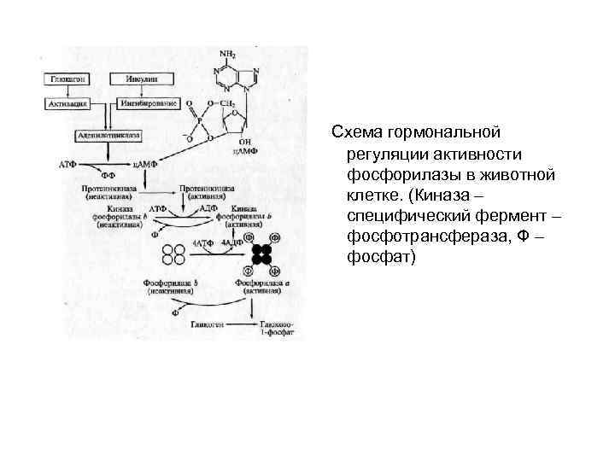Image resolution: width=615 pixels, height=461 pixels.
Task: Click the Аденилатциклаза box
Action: tap(108, 135)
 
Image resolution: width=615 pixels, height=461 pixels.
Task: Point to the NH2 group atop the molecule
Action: tap(229, 52)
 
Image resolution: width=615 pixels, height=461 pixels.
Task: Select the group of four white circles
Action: tap(174, 254)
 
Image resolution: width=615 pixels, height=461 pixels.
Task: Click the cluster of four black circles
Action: tap(261, 254)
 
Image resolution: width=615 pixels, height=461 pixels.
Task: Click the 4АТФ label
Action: tap(202, 243)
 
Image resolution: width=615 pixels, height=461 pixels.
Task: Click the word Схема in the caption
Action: tap(357, 132)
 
